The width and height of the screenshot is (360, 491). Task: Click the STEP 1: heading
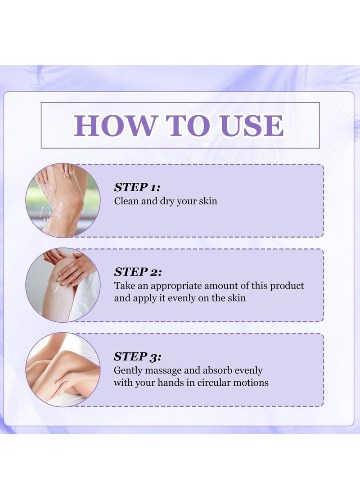[x=137, y=188]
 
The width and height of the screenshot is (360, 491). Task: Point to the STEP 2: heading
[x=138, y=272]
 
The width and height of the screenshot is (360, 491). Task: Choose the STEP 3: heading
[x=137, y=356]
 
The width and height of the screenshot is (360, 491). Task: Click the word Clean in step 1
[x=126, y=201]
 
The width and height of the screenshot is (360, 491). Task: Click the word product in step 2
[x=287, y=286]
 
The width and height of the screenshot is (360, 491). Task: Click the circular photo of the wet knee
[x=63, y=200]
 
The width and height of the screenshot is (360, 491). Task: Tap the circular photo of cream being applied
[x=63, y=285]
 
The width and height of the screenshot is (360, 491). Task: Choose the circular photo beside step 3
[x=63, y=369]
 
